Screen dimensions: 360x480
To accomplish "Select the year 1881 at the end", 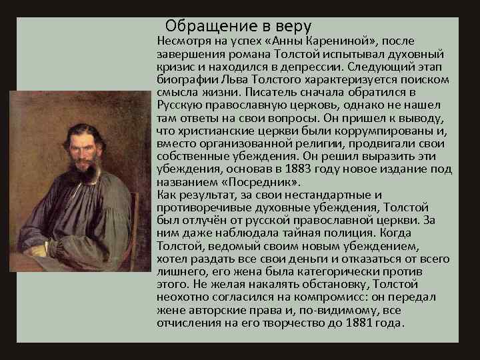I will (364, 323).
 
